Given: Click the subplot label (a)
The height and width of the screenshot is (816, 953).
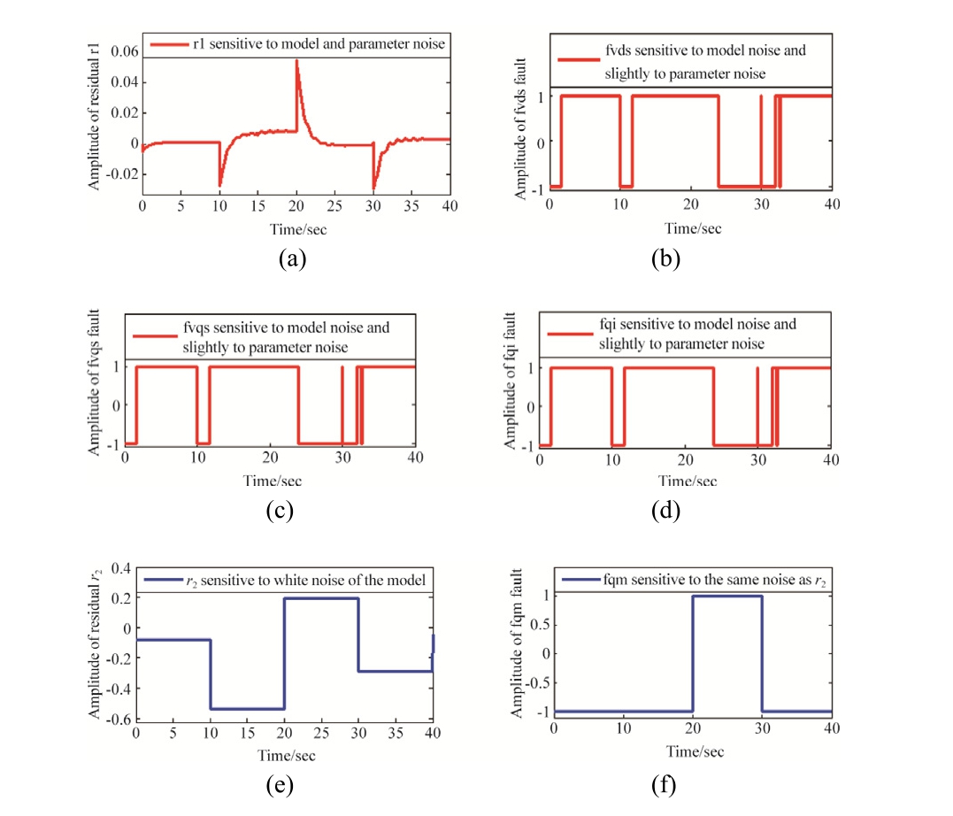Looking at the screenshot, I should [x=290, y=258].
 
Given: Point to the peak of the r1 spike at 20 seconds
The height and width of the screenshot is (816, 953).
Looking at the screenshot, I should [x=296, y=61].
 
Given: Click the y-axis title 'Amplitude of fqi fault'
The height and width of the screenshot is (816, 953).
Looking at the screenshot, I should [x=512, y=387].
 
